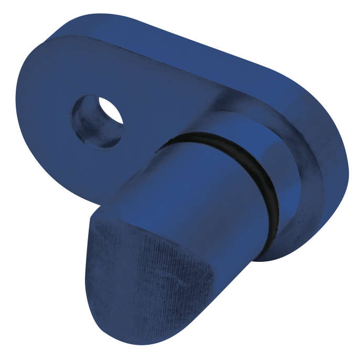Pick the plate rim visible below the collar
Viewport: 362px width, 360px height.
click(294, 247)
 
